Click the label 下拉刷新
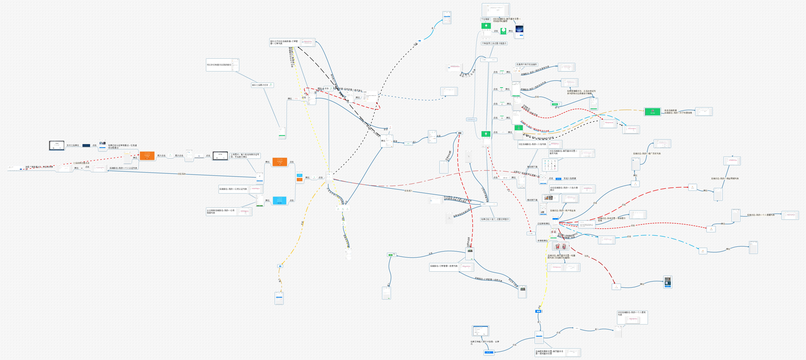pyautogui.click(x=485, y=19)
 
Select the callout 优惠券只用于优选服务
pyautogui.click(x=527, y=64)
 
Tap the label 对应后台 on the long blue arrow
pyautogui.click(x=182, y=174)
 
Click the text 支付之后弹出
pyautogui.click(x=73, y=145)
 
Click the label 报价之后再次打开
pyautogui.click(x=260, y=85)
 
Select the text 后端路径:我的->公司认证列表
pyautogui.click(x=233, y=189)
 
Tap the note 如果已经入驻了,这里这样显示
pyautogui.click(x=495, y=219)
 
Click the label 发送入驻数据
pyautogui.click(x=570, y=179)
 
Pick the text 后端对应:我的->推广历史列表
pyautogui.click(x=647, y=154)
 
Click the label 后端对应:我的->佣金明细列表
pyautogui.click(x=725, y=179)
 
